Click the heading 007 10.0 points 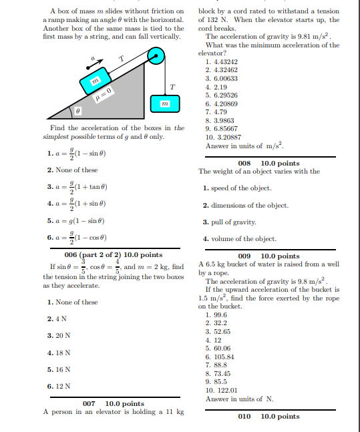tap(113, 403)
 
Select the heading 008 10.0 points tap(268, 163)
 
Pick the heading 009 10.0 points tap(268, 256)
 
